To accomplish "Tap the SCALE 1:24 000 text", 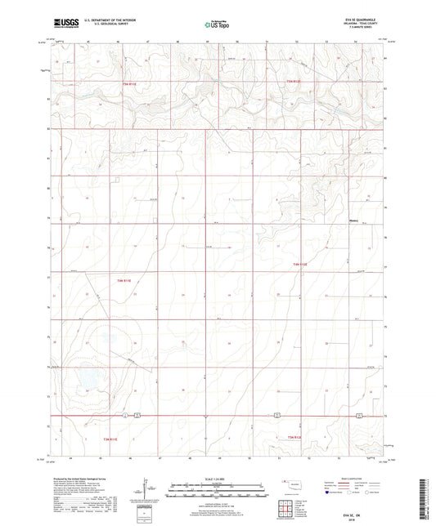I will [x=218, y=479].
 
